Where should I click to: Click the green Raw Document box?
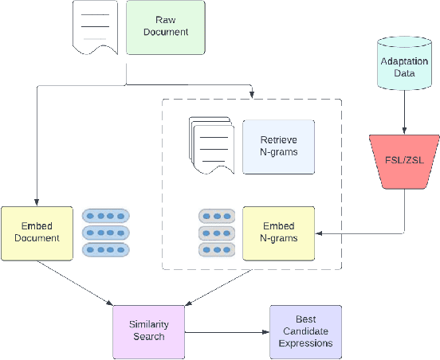165,27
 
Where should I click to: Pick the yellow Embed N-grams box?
278,232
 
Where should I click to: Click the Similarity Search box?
148,330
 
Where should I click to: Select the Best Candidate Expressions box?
304,331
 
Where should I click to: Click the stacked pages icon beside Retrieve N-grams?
211,143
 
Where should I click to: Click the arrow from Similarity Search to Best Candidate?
226,331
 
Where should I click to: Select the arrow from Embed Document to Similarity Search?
77,282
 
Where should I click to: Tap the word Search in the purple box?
148,336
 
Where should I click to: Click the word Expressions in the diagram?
304,344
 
